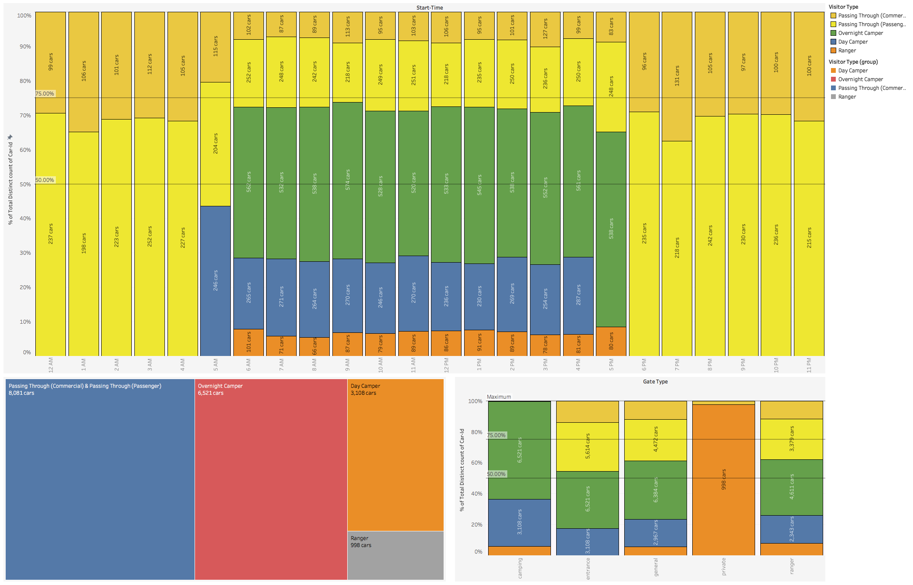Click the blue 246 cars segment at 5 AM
[215, 281]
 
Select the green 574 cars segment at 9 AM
[348, 180]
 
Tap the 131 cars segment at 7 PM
[677, 76]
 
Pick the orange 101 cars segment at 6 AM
[249, 342]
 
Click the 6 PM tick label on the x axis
[644, 365]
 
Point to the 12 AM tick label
[51, 365]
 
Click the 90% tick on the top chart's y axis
[25, 47]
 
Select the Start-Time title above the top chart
[429, 7]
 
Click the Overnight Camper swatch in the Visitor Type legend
[833, 33]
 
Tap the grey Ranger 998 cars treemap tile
[395, 555]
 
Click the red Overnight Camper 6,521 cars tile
[271, 479]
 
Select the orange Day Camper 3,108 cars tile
[395, 455]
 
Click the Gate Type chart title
[655, 382]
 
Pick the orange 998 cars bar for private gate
[723, 479]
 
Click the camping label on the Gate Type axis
[520, 568]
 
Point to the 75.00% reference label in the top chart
[45, 94]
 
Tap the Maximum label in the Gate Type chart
[499, 397]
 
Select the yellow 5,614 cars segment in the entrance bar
[587, 446]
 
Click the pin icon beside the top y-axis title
[10, 137]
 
